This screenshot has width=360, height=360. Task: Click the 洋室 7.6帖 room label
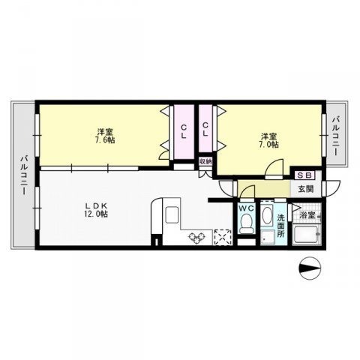pyautogui.click(x=106, y=136)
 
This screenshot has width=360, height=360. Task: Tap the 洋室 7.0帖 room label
pyautogui.click(x=270, y=140)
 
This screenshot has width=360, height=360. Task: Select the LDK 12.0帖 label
pyautogui.click(x=97, y=210)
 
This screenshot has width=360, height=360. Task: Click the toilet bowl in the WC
pyautogui.click(x=246, y=223)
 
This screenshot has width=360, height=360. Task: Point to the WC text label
pyautogui.click(x=247, y=208)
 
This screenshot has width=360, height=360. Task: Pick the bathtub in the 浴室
pyautogui.click(x=307, y=234)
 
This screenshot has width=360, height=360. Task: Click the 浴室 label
pyautogui.click(x=307, y=214)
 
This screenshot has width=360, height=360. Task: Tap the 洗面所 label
pyautogui.click(x=280, y=226)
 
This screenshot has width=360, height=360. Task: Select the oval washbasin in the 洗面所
pyautogui.click(x=267, y=215)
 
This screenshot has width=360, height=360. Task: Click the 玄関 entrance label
pyautogui.click(x=306, y=189)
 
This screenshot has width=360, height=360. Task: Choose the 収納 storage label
pyautogui.click(x=205, y=161)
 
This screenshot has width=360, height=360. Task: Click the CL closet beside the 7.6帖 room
pyautogui.click(x=184, y=132)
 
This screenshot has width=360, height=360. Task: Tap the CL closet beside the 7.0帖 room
pyautogui.click(x=205, y=129)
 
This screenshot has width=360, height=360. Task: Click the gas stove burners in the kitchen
pyautogui.click(x=197, y=238)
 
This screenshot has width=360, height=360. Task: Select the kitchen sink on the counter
pyautogui.click(x=172, y=214)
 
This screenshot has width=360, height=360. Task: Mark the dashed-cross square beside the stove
pyautogui.click(x=223, y=237)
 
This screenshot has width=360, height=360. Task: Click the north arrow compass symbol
pyautogui.click(x=310, y=268)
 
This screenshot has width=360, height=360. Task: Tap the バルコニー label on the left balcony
pyautogui.click(x=24, y=175)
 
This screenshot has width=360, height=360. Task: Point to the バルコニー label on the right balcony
pyautogui.click(x=335, y=136)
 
